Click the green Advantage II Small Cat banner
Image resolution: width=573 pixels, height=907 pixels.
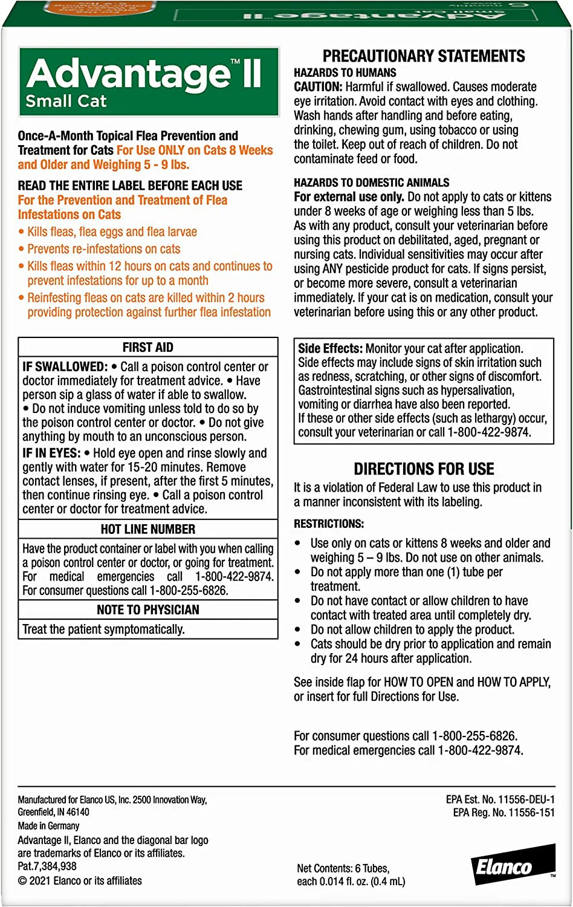click(x=149, y=82)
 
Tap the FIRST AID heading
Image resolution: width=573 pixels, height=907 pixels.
click(x=148, y=347)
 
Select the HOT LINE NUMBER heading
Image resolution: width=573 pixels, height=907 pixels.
click(x=148, y=529)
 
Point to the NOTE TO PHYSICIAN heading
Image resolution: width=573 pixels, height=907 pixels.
click(x=148, y=610)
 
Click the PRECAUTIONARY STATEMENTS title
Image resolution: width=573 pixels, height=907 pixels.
click(x=424, y=56)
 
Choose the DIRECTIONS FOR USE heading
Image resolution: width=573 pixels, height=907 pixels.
click(x=424, y=469)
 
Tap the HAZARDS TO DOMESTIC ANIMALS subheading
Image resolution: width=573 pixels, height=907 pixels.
click(x=372, y=182)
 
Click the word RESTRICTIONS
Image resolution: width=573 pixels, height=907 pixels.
click(x=329, y=524)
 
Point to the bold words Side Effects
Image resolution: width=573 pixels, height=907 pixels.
click(x=330, y=348)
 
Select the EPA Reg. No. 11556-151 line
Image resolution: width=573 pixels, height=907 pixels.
click(x=503, y=813)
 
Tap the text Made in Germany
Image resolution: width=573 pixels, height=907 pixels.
click(x=48, y=826)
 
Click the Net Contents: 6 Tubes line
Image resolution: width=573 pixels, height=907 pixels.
click(x=343, y=868)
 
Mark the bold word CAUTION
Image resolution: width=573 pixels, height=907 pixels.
click(x=318, y=86)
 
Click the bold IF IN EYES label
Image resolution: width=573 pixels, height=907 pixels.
click(x=51, y=453)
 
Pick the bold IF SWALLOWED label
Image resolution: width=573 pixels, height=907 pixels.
click(x=65, y=366)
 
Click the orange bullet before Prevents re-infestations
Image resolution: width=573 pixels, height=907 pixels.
click(x=22, y=249)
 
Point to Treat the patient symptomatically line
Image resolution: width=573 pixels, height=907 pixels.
click(x=103, y=629)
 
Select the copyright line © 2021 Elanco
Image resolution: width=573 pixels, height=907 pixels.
click(x=80, y=881)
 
